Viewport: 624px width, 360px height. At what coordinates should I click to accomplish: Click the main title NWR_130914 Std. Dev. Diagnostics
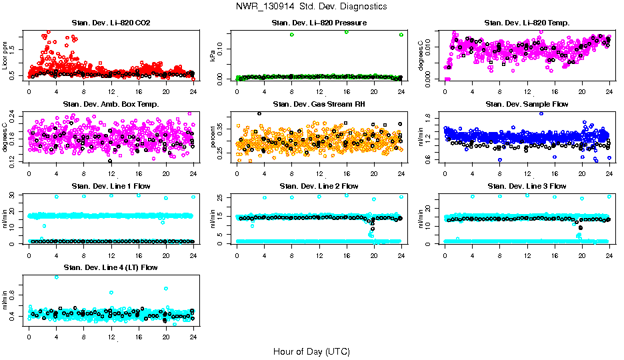click(311, 6)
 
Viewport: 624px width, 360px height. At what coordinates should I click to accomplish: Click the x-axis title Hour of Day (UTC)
click(311, 351)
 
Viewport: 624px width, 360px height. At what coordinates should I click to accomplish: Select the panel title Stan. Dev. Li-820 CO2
click(111, 23)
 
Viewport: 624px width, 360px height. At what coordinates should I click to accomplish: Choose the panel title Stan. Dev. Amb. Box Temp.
click(111, 104)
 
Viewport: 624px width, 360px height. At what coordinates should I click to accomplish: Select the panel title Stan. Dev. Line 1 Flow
click(111, 186)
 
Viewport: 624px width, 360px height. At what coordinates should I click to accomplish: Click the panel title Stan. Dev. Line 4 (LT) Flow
click(111, 267)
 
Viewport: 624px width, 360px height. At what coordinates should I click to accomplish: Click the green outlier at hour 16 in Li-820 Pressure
click(347, 32)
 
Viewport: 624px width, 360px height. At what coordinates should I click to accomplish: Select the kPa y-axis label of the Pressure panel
click(213, 56)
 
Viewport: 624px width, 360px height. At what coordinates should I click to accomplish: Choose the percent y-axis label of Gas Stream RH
click(213, 137)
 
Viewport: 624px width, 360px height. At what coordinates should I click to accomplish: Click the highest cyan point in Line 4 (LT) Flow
click(56, 277)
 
